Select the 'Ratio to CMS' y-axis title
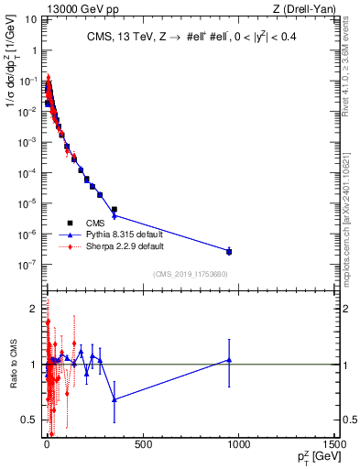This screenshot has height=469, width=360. point(13,365)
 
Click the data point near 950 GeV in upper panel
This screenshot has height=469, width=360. point(229,251)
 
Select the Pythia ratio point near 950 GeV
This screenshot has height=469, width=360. point(229,360)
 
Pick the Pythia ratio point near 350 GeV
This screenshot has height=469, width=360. point(115,399)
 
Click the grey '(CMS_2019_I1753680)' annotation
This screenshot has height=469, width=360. point(190,274)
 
